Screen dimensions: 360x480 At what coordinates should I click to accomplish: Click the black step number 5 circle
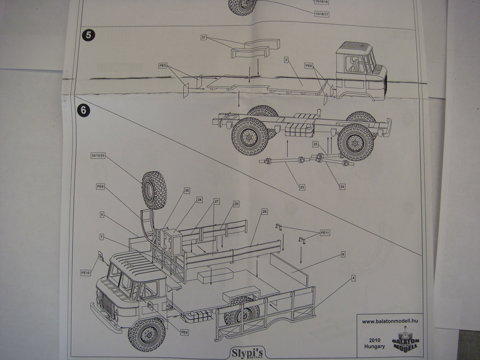pos(89,35)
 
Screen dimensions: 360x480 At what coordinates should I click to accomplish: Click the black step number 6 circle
pos(83,110)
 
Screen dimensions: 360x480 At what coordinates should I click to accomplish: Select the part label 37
pos(203,37)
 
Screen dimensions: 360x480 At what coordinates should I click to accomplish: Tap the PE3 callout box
pos(163,66)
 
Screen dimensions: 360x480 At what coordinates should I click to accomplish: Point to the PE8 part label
pos(308,66)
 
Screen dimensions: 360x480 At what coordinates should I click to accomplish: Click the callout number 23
pos(302,187)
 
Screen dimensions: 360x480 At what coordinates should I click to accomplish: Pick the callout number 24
pos(342,187)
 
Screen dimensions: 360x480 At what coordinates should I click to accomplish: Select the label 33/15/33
pos(98,155)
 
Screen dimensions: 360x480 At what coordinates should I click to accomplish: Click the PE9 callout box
pos(100,187)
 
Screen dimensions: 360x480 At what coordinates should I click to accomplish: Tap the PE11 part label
pos(325,232)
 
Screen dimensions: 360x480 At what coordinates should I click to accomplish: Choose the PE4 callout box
pos(184,332)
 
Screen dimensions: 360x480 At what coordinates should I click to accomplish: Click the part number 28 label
pos(264,212)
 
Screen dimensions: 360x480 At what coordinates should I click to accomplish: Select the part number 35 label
pos(187,190)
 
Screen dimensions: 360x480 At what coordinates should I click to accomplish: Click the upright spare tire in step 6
pos(154,190)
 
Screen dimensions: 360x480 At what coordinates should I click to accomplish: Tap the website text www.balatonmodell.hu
pos(390,322)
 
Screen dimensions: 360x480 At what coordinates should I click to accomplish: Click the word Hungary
pos(375,346)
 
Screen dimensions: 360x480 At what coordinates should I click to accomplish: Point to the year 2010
pos(375,340)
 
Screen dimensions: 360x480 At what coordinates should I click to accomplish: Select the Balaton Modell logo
pos(405,340)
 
